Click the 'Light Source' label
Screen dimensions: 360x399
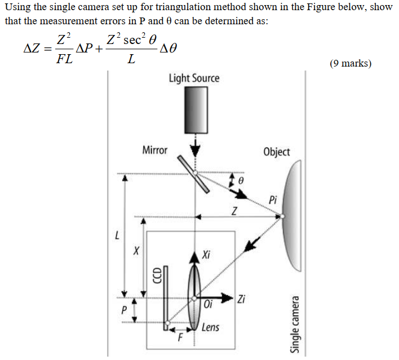(194, 78)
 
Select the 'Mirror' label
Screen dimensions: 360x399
(155, 150)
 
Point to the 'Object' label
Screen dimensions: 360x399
(277, 152)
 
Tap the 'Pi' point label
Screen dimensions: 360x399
(273, 200)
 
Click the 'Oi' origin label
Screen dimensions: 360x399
(209, 305)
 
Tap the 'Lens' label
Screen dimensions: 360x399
(210, 327)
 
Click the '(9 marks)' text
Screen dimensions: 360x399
(351, 63)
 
